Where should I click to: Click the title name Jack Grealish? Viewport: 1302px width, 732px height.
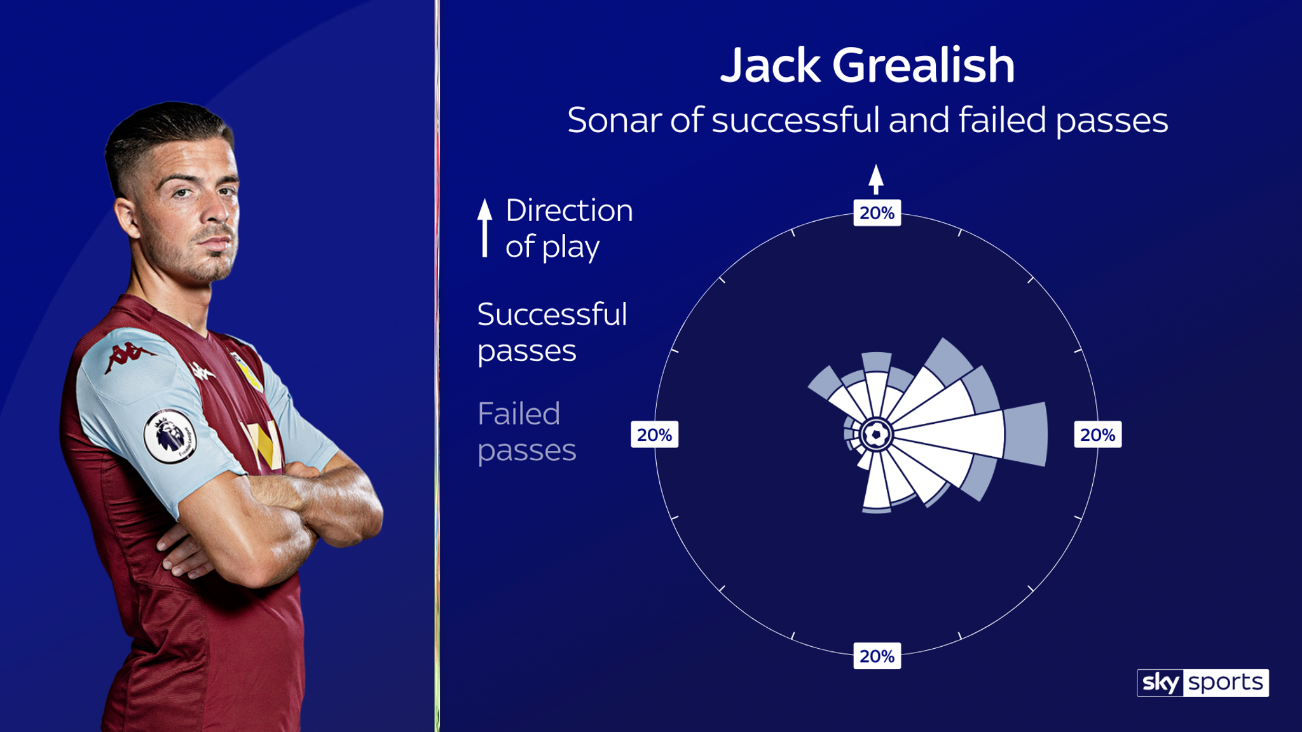(x=867, y=65)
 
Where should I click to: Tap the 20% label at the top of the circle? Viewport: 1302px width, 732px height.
(x=877, y=213)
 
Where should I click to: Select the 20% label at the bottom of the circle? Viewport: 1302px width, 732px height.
(x=877, y=656)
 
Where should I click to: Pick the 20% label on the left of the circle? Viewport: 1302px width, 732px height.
(x=654, y=435)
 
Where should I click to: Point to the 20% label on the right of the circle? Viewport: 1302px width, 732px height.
(x=1098, y=435)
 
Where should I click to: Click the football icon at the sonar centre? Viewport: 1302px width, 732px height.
(x=877, y=435)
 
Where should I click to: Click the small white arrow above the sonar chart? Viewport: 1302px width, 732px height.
(x=876, y=179)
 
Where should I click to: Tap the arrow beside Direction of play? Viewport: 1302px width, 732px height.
(x=485, y=228)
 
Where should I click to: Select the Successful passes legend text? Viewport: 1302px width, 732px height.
(x=552, y=332)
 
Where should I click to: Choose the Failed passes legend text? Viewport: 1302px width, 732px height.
(x=526, y=432)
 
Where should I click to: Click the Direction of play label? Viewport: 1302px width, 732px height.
(x=569, y=229)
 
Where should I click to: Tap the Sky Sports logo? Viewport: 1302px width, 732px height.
(x=1203, y=682)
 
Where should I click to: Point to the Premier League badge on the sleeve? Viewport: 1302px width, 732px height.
(x=170, y=436)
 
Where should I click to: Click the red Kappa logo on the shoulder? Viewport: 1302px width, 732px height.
(x=129, y=357)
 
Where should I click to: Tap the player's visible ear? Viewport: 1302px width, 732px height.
(x=127, y=218)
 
